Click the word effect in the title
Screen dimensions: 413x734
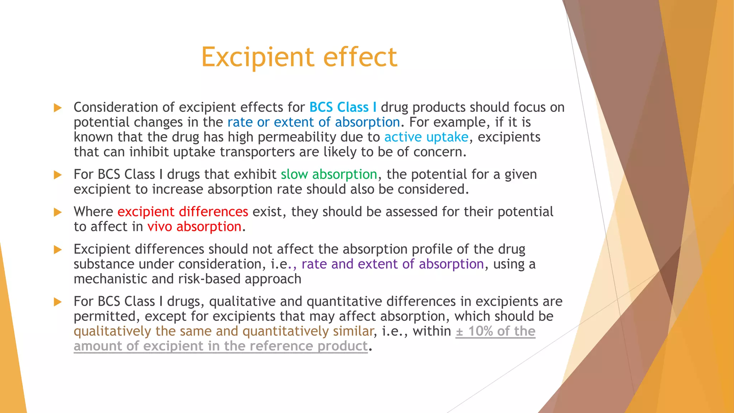(x=360, y=57)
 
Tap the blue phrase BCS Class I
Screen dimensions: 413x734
(x=343, y=107)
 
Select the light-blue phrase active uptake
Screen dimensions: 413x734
(x=426, y=137)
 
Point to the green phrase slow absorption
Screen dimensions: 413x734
(x=329, y=175)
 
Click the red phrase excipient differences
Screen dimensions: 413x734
(x=183, y=212)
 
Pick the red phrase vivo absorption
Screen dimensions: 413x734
(x=194, y=227)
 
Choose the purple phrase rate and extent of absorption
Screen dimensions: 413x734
(x=392, y=264)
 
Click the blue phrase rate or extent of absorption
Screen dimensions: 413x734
(x=314, y=122)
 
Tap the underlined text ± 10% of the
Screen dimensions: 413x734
(x=495, y=331)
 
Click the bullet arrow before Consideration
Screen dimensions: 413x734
(x=57, y=108)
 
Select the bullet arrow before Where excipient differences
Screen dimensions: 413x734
(x=57, y=212)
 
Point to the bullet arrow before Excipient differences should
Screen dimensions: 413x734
(x=57, y=250)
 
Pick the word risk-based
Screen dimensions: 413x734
(x=209, y=279)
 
